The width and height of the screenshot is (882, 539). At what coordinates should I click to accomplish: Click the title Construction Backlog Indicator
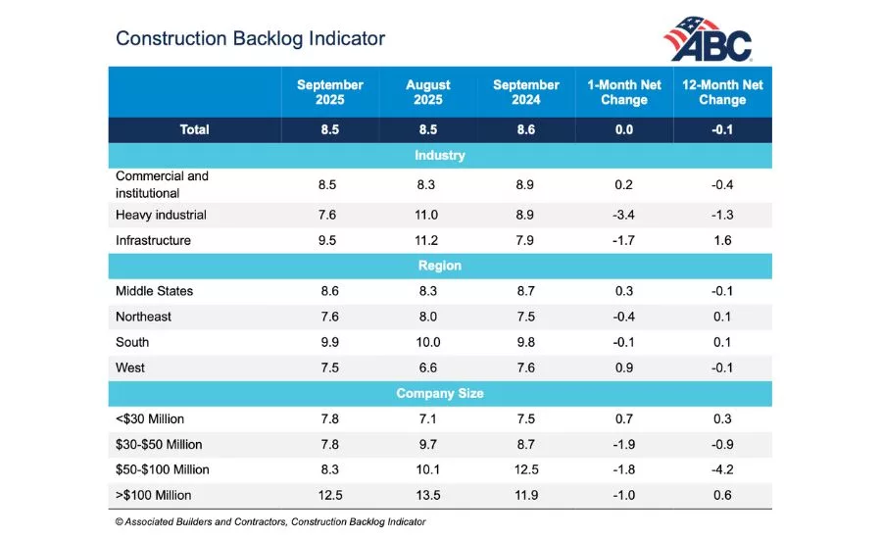[250, 38]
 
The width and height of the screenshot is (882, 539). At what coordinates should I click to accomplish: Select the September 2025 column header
[330, 92]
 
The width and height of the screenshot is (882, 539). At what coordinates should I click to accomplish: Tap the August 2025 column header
[428, 92]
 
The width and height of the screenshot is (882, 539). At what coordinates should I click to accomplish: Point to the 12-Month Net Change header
[722, 92]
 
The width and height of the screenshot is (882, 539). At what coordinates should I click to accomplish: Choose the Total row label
[194, 129]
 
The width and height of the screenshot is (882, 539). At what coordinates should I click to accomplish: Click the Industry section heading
[439, 156]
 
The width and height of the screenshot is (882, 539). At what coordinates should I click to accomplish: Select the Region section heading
[439, 266]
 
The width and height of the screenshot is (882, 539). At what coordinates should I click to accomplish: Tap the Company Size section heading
[439, 393]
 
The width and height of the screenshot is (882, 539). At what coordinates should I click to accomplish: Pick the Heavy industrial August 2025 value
[428, 215]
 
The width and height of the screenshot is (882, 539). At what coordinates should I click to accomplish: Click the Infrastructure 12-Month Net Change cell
[722, 240]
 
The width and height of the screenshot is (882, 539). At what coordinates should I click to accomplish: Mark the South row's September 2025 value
[330, 342]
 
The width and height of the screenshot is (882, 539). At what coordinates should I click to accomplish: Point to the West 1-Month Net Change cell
[624, 367]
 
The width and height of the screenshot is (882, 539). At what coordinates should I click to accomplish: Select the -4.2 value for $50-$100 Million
[722, 469]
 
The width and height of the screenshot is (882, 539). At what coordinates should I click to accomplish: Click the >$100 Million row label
[154, 495]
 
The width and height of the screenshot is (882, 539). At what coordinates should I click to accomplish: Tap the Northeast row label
[143, 317]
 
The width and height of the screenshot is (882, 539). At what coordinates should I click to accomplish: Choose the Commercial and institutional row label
[162, 184]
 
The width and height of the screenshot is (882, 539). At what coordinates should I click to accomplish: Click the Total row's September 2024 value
[526, 129]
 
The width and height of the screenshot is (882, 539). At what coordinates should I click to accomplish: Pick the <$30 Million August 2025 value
[428, 418]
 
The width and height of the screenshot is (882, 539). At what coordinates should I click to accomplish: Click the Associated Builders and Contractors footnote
[270, 522]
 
